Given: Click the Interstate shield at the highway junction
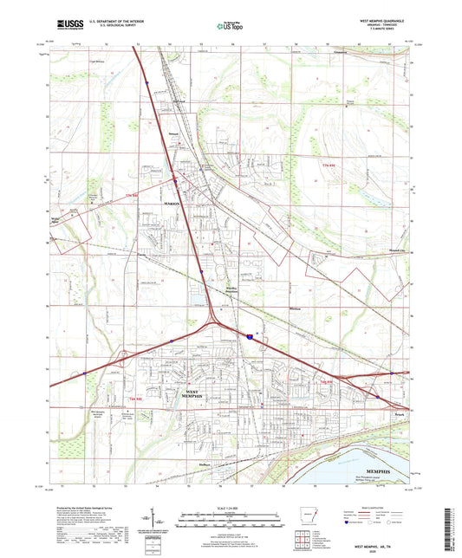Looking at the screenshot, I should [250, 333].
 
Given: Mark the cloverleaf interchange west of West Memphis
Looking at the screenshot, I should [124, 354].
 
